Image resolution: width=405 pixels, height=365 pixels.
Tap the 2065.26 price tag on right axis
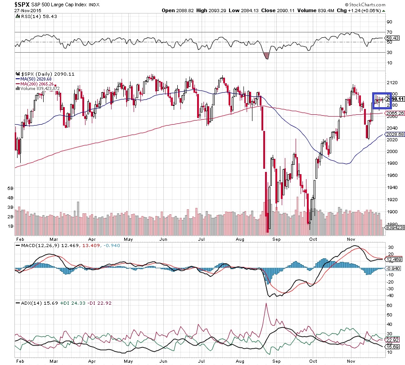click(395, 113)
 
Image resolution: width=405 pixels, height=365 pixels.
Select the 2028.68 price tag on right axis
click(395, 134)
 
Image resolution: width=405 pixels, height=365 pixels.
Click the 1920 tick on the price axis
click(392, 199)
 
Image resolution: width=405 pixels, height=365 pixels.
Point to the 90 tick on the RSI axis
click(389, 22)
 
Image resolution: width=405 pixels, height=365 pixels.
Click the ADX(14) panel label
click(28, 303)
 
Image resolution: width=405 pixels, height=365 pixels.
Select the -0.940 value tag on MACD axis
click(394, 268)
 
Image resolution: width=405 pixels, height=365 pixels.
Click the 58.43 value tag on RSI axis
click(394, 38)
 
